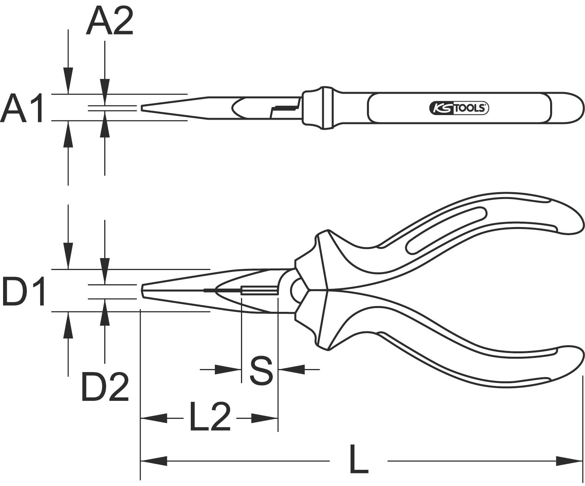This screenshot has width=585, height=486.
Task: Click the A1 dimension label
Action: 22,108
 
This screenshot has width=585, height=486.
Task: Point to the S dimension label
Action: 261,370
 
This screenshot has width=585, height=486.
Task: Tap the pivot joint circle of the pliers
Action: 298,290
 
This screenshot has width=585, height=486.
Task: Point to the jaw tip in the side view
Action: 143,291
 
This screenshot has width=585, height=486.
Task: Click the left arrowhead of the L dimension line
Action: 153,461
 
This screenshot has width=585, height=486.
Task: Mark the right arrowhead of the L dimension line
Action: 569,461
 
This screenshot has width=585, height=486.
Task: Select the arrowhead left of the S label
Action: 228,369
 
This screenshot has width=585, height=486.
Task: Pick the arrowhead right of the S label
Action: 292,369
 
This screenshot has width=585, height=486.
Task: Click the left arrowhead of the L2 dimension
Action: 154,418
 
